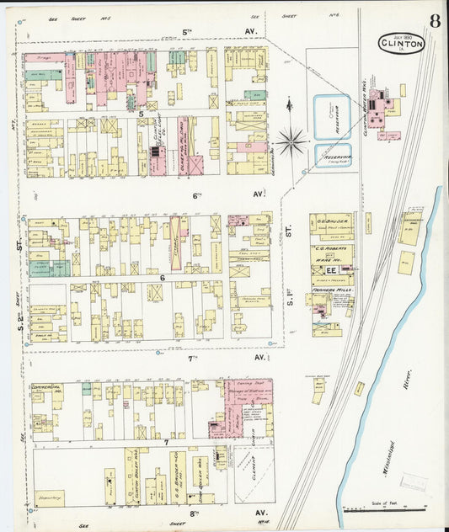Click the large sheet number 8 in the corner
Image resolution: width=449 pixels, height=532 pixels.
(433, 22)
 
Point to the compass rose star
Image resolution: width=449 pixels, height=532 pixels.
(291, 141)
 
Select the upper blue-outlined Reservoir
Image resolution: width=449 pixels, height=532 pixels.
(332, 116)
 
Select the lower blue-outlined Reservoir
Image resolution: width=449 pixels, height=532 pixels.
(332, 156)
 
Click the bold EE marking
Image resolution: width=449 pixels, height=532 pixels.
(332, 269)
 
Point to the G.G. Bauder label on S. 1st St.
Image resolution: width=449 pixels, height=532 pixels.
(332, 223)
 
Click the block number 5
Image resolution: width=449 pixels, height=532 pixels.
(142, 114)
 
